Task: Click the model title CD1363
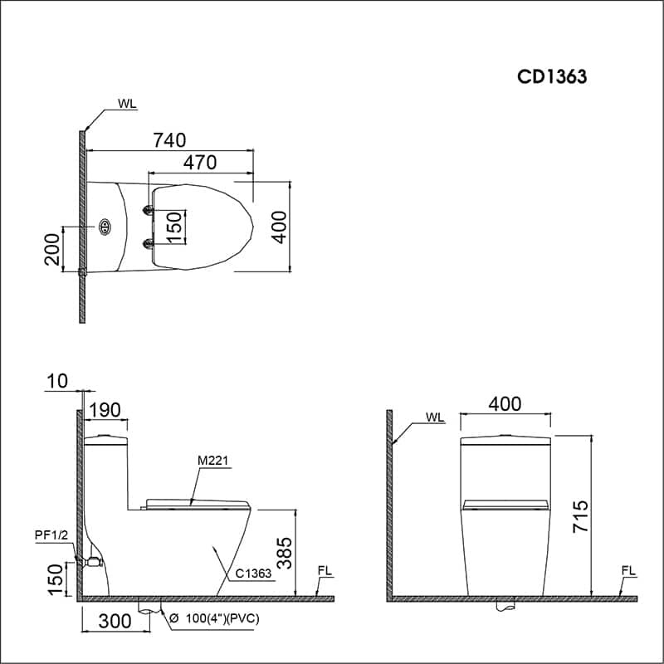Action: click(552, 76)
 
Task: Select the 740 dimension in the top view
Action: click(169, 140)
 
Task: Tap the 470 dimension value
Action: click(200, 163)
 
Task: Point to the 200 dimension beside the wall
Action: click(52, 250)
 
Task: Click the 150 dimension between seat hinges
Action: click(174, 227)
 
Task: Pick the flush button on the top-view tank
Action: click(105, 227)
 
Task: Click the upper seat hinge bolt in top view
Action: click(149, 210)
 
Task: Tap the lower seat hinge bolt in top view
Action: click(149, 243)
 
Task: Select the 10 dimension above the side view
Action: click(57, 381)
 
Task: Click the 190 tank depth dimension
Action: click(105, 410)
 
